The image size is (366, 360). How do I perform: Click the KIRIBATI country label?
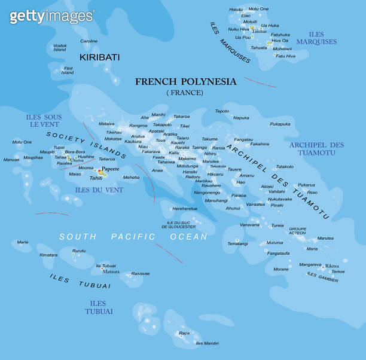(100, 57)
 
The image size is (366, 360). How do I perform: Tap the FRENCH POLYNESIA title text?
(185, 81)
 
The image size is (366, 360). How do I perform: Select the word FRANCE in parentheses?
(185, 93)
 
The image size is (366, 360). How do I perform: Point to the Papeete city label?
(111, 169)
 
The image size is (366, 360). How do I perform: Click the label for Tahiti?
(96, 178)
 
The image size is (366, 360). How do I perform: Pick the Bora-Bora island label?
(75, 152)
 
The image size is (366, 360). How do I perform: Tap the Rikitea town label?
(332, 266)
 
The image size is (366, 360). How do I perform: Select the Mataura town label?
(111, 271)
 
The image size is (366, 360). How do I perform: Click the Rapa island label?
(184, 333)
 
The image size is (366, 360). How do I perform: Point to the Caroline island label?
(89, 41)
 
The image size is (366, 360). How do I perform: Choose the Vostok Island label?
(60, 48)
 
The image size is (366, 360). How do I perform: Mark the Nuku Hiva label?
(238, 29)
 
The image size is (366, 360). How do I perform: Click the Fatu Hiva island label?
(285, 56)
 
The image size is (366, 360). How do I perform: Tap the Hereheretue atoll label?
(185, 209)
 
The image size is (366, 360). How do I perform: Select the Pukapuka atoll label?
(280, 124)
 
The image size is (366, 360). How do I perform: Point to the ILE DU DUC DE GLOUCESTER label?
(181, 225)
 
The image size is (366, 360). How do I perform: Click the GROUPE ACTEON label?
(297, 230)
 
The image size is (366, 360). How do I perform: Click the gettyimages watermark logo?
(51, 16)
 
